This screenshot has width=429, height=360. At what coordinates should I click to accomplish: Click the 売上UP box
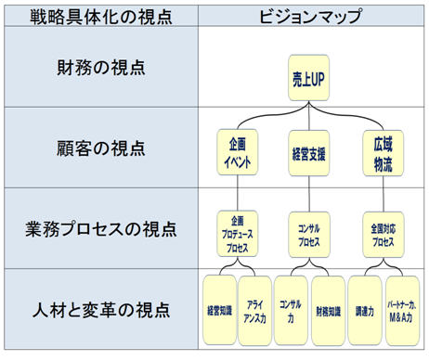click(x=304, y=81)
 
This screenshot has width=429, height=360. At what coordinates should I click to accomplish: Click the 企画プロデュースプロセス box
click(x=236, y=232)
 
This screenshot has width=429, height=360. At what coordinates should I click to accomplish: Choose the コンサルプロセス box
click(x=308, y=233)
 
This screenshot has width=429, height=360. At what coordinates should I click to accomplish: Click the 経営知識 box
click(x=218, y=310)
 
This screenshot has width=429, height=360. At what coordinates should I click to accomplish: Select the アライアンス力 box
click(x=256, y=310)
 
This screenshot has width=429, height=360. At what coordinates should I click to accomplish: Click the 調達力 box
click(x=367, y=310)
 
